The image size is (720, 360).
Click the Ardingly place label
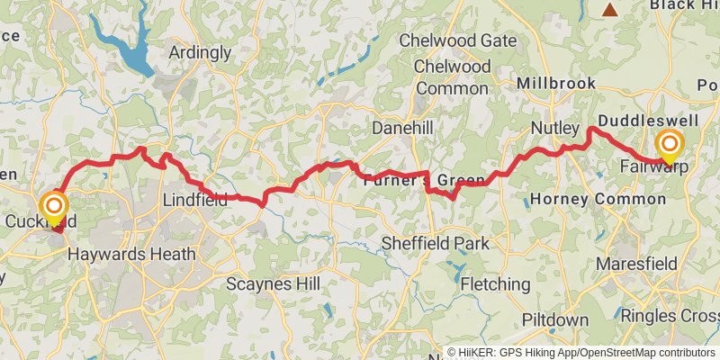tap(201, 52)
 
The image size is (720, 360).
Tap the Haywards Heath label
tap(135, 254)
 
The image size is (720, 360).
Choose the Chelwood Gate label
tap(457, 40)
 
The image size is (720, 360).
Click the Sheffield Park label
tap(435, 243)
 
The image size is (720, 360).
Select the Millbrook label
tap(556, 83)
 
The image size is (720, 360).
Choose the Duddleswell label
tap(646, 120)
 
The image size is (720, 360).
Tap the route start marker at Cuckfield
tap(53, 207)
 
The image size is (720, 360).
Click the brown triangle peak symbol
tap(610, 10)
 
